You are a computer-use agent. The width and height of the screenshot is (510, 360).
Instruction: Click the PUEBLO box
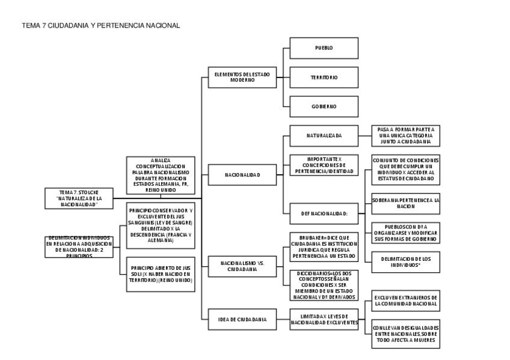tap(324, 47)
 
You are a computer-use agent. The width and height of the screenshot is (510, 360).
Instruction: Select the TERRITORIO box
tap(324, 78)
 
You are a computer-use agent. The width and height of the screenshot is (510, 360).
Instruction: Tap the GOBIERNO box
tap(324, 106)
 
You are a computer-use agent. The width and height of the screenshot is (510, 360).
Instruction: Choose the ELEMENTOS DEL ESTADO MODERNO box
tap(242, 77)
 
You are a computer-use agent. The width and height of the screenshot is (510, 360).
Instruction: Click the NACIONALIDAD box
tap(242, 175)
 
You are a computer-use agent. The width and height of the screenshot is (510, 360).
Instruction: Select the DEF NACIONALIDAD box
tap(324, 213)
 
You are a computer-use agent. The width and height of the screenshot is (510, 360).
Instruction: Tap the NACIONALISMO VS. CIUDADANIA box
tap(242, 266)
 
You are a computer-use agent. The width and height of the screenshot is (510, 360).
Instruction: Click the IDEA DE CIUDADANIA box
tap(242, 319)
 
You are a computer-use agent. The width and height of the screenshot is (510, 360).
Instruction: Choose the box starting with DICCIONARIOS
tap(324, 285)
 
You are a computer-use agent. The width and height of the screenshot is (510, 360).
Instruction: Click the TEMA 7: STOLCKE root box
tap(78, 198)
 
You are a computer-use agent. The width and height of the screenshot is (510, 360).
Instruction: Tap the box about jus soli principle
tap(161, 273)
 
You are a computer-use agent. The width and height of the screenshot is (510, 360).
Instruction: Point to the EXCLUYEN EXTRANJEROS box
tap(405, 301)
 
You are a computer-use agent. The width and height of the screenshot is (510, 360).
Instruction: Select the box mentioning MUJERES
tap(405, 334)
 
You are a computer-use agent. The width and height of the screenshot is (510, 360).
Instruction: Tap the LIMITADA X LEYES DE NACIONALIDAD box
tap(324, 319)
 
